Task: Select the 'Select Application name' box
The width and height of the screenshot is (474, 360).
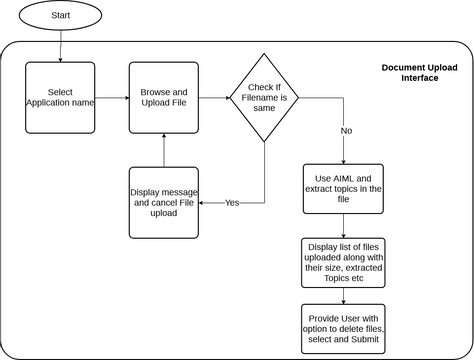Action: coord(60,97)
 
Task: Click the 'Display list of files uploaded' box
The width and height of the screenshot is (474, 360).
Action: coord(343,263)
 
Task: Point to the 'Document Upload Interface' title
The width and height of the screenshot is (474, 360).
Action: coord(419,73)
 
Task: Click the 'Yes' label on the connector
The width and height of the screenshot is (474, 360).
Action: coord(232,202)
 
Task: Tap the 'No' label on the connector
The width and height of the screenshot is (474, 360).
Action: coord(347,130)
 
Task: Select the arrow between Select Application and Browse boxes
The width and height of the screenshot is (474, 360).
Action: coord(112,97)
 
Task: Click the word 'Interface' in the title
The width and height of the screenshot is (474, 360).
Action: coord(419,79)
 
